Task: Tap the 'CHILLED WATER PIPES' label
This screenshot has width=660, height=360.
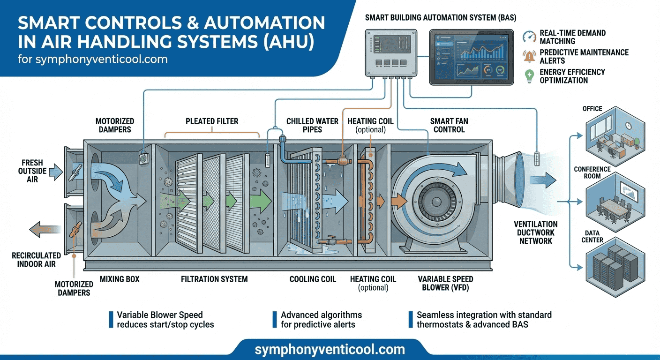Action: coord(312,125)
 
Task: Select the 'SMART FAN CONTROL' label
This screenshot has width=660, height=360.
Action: coord(449,125)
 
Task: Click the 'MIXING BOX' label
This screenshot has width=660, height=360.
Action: coord(120,279)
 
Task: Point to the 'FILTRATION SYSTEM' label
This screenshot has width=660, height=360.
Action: coord(214,279)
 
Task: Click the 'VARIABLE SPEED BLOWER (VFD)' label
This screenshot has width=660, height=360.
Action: coord(446,283)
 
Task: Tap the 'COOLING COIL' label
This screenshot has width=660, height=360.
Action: coord(313,279)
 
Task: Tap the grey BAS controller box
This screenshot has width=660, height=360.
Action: coord(391,52)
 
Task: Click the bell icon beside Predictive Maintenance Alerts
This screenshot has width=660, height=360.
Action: coord(530,57)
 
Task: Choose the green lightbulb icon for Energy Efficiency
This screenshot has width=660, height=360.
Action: coord(530,76)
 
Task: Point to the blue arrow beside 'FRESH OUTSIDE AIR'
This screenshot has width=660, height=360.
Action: coord(55,172)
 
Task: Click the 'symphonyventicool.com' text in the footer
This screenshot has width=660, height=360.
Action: coord(330,350)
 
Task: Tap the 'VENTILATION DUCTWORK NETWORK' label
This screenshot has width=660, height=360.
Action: coord(535,232)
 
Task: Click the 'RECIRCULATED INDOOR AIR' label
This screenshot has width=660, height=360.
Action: coord(37,260)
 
